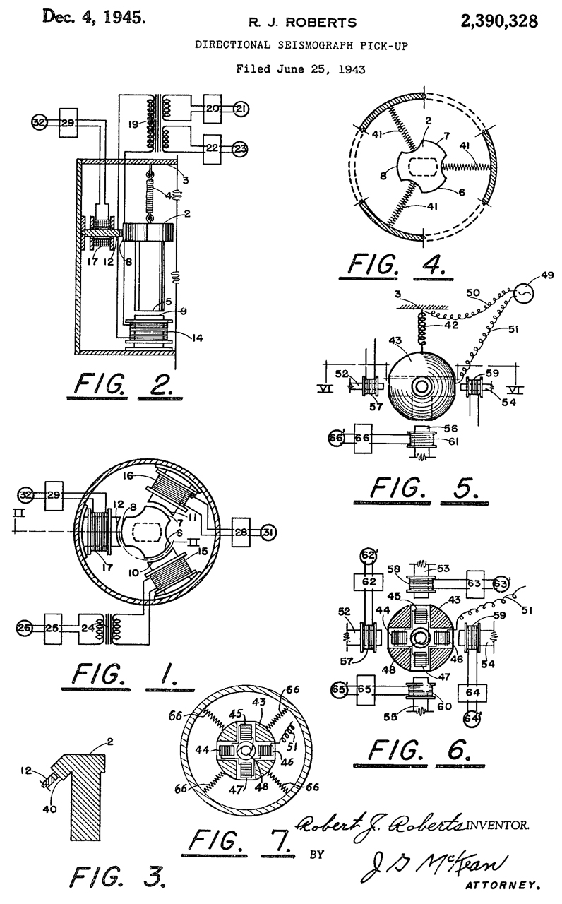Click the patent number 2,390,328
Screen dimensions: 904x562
[x=499, y=21]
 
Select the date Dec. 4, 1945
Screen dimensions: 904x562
[x=95, y=17]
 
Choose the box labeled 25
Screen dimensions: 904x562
[x=59, y=627]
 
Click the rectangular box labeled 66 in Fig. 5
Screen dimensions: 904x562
[x=366, y=438]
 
